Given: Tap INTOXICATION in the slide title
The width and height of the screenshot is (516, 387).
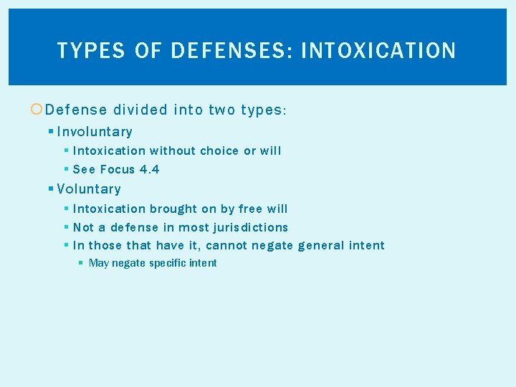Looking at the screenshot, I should (x=378, y=51).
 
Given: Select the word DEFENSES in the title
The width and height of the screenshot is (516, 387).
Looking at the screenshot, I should (x=226, y=51).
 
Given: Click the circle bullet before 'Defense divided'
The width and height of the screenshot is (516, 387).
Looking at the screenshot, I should (x=37, y=110).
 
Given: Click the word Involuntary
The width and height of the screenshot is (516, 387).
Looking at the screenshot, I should (x=95, y=132).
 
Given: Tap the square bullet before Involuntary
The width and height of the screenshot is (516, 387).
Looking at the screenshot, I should (x=51, y=132).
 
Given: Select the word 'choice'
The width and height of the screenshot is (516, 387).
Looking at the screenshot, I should (x=219, y=151).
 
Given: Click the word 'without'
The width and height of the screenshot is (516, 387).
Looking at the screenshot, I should (x=172, y=151).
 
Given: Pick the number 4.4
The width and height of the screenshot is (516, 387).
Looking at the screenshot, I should (x=150, y=170).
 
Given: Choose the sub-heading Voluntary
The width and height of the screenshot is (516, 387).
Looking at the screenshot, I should (x=89, y=189).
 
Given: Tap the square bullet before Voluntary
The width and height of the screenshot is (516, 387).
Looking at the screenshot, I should (x=51, y=189).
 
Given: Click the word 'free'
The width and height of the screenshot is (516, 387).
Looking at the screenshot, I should (x=250, y=209).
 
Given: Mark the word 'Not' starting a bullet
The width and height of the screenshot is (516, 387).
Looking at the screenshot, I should (x=83, y=228).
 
